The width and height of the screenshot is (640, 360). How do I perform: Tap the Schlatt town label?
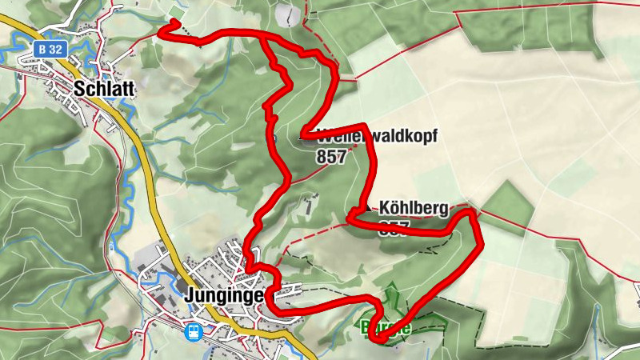(102, 89)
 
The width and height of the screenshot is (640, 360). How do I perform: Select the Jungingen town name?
(223, 294)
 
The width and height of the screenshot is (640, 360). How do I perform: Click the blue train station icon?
(193, 331)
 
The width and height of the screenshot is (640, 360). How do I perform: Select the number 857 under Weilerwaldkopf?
(331, 157)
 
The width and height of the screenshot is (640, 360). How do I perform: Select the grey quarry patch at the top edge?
(286, 13)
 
